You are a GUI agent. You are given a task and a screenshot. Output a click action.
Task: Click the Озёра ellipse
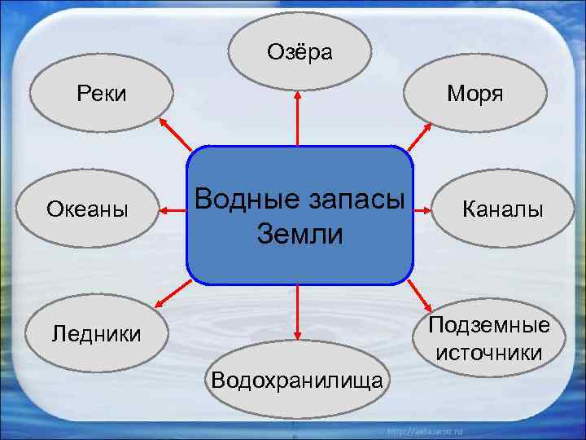(x=300, y=52)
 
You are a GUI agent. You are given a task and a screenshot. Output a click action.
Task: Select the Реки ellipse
(x=102, y=94)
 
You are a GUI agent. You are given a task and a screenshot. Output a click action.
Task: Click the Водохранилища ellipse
(x=297, y=379)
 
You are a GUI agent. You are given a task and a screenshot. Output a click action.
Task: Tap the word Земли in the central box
(x=300, y=235)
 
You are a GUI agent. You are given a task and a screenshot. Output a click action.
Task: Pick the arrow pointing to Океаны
(x=172, y=212)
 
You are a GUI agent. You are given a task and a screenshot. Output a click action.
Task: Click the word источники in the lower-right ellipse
(x=489, y=354)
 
